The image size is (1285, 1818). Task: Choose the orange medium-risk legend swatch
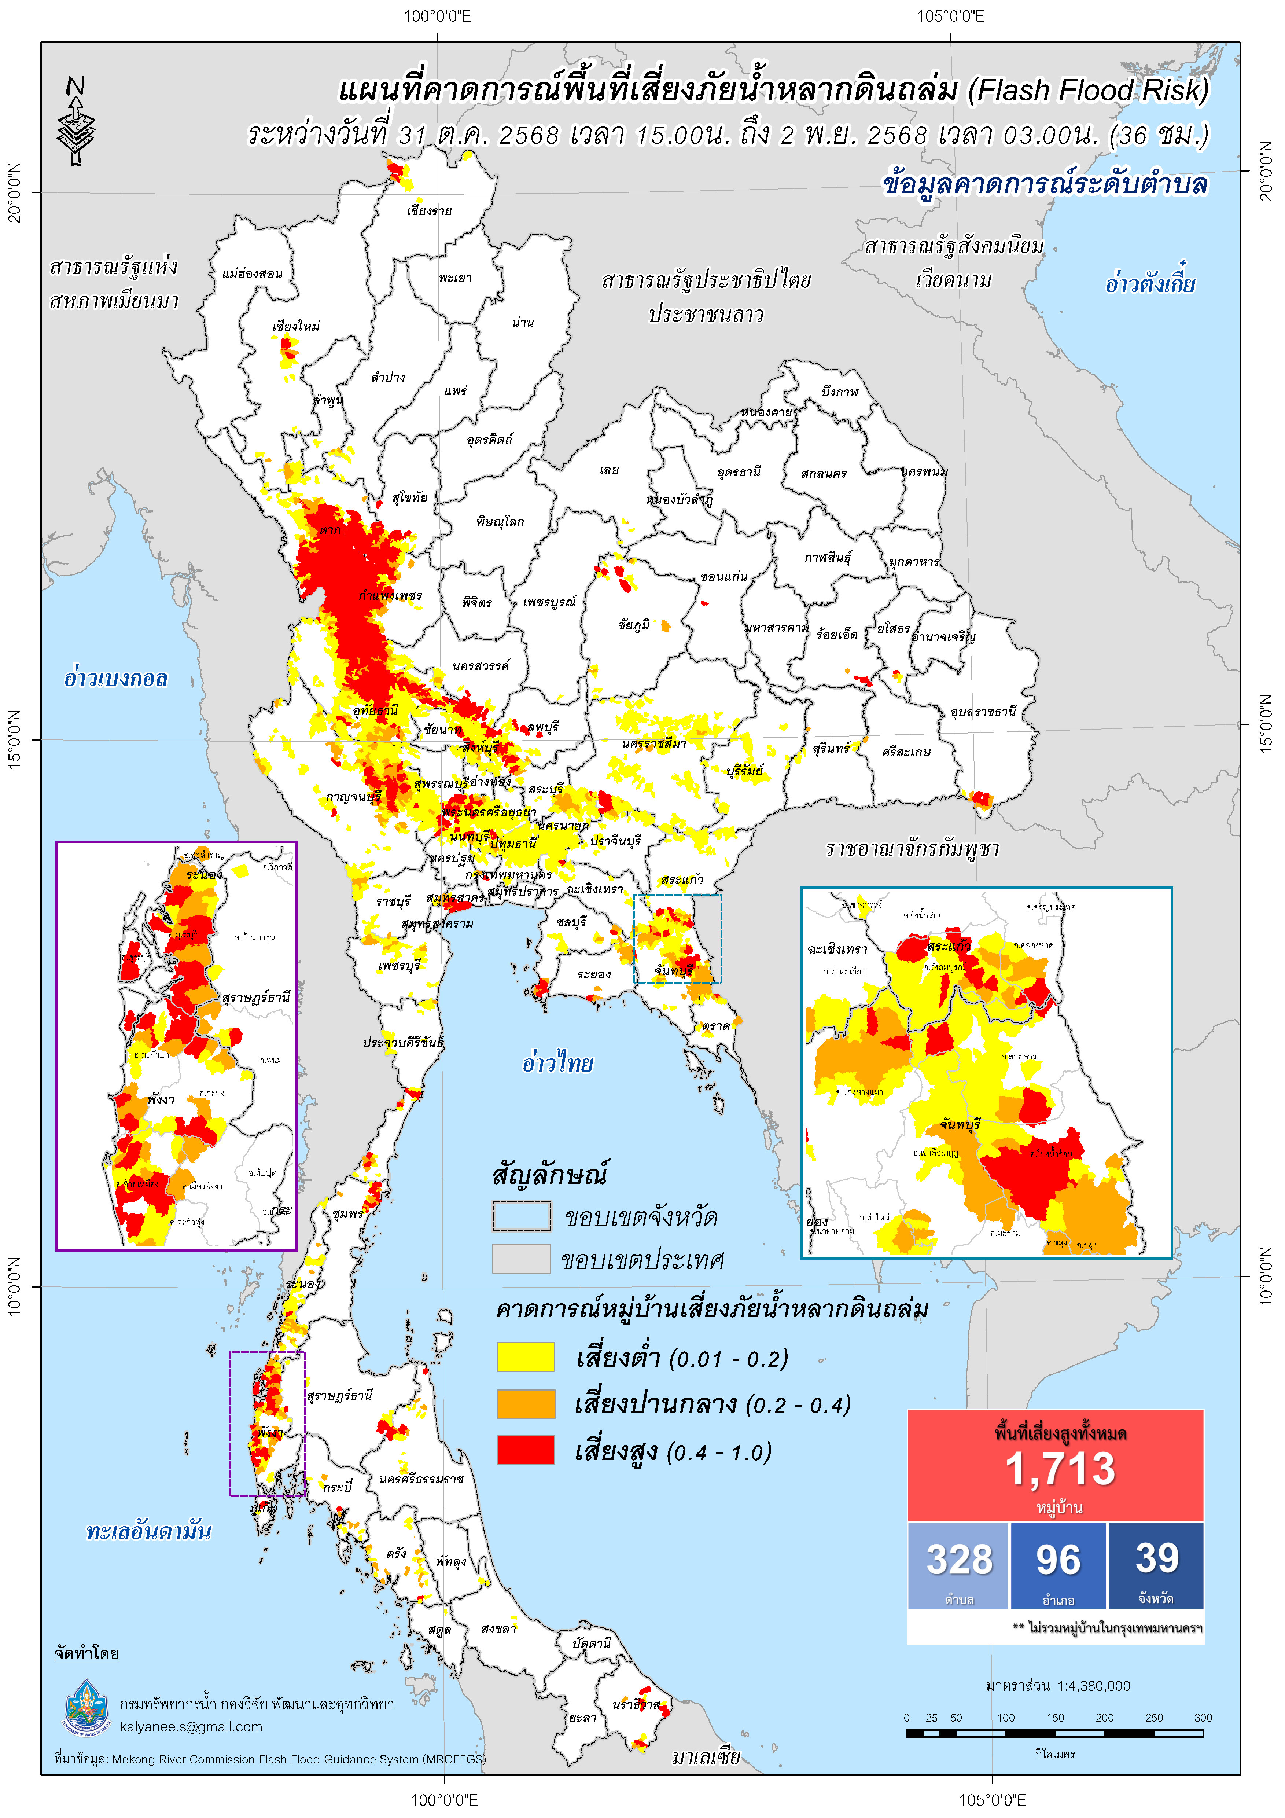coord(526,1404)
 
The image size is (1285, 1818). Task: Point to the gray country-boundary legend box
coord(521,1259)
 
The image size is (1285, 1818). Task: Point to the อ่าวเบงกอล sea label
coord(115,679)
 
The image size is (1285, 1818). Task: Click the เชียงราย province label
coord(429,212)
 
